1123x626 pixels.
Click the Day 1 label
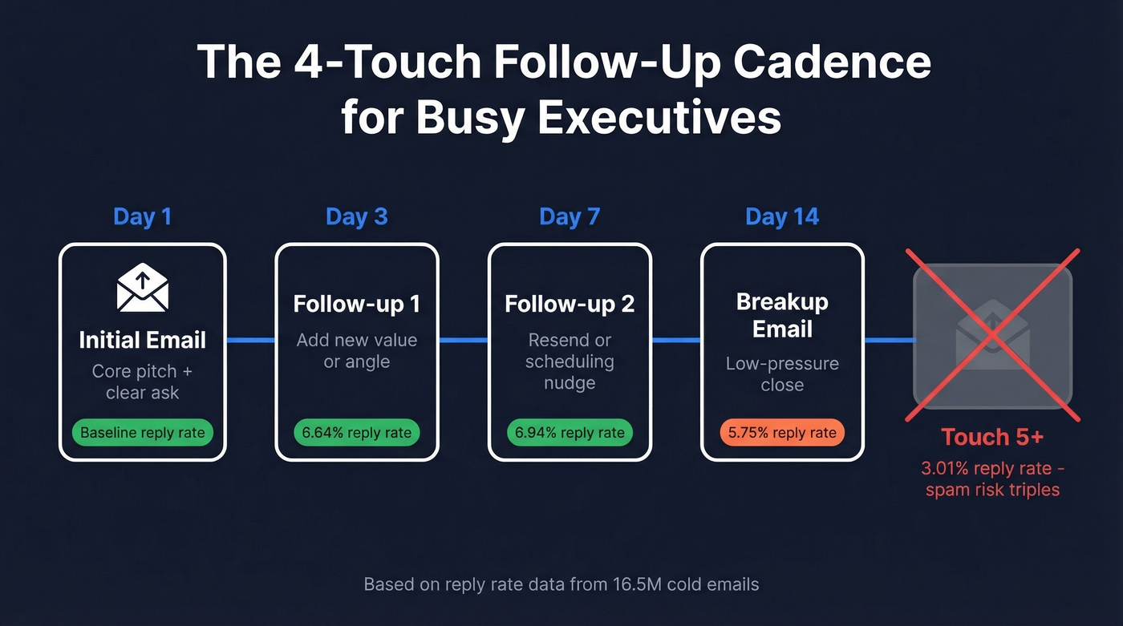click(142, 217)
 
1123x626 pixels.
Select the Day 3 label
click(357, 217)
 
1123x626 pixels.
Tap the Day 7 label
click(570, 217)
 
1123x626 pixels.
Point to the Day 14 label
click(782, 217)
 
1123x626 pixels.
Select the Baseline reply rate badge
click(143, 434)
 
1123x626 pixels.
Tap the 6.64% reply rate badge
click(357, 434)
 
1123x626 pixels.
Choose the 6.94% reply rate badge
click(570, 434)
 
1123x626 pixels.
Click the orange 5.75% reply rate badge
click(782, 434)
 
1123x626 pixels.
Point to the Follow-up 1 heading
click(357, 305)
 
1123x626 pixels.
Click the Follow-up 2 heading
click(570, 305)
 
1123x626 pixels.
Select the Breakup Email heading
click(782, 316)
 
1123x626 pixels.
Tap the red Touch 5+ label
click(992, 438)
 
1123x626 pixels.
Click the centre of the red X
click(993, 335)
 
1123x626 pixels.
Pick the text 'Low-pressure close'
click(782, 374)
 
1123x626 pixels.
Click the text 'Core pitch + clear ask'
click(143, 382)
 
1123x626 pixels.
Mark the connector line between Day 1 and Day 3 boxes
click(251, 341)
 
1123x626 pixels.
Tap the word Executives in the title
click(659, 117)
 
